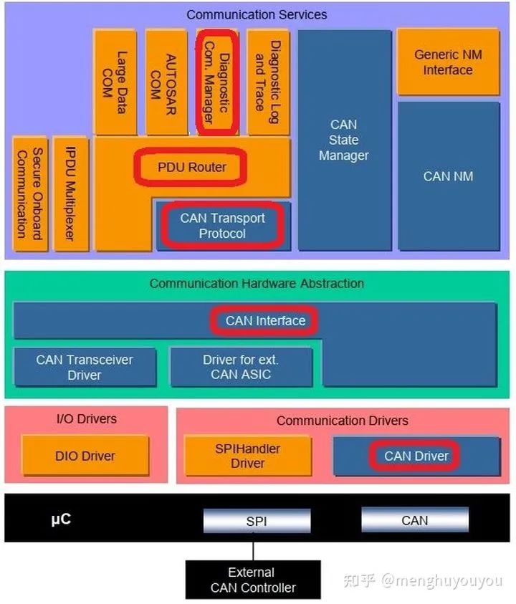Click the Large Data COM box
click(x=115, y=82)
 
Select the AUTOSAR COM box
click(x=166, y=82)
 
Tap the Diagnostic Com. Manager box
click(x=216, y=82)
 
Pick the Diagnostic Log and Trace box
click(x=267, y=82)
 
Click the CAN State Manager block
click(x=344, y=140)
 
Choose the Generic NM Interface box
click(x=448, y=62)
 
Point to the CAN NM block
click(x=448, y=176)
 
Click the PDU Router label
click(x=191, y=167)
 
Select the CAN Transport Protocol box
click(x=223, y=226)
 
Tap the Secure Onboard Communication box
click(x=29, y=194)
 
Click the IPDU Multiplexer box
click(x=71, y=194)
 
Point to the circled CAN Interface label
click(x=265, y=320)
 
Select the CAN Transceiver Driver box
click(x=85, y=367)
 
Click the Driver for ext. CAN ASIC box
click(x=241, y=367)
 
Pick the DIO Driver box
click(x=85, y=456)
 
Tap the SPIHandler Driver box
click(x=248, y=456)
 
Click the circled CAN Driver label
click(x=416, y=456)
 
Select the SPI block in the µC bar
click(x=257, y=521)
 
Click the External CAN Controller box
click(x=252, y=580)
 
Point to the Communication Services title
click(x=257, y=14)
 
